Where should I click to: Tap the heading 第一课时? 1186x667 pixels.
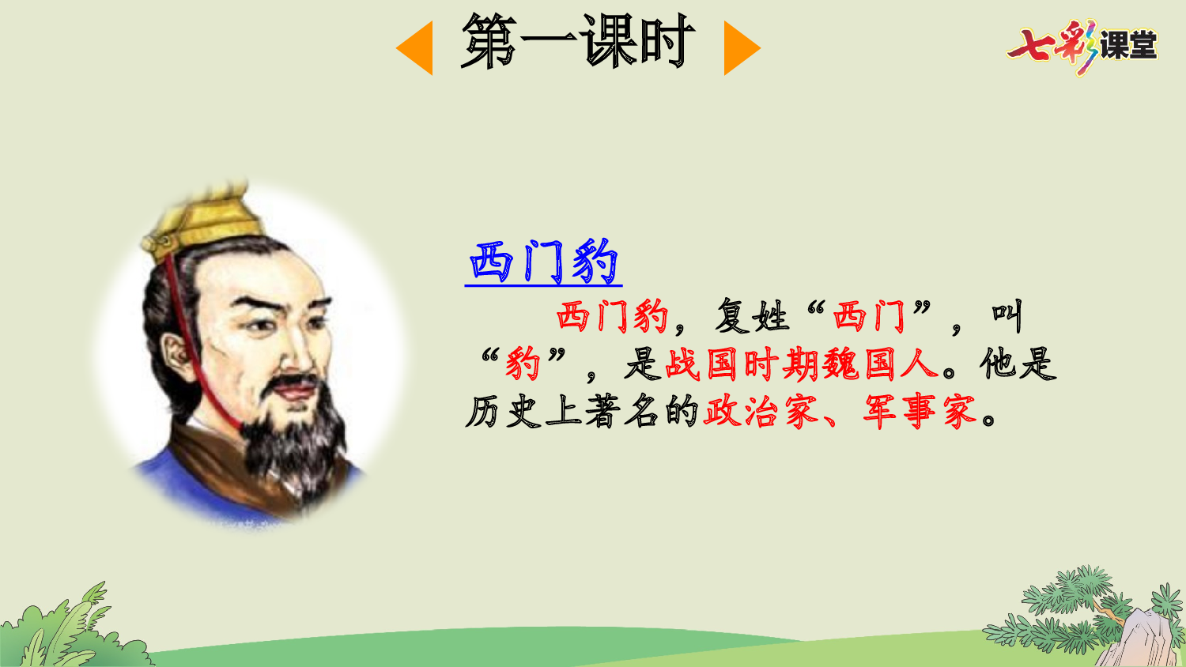click(578, 42)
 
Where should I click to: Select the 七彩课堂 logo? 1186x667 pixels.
click(1082, 45)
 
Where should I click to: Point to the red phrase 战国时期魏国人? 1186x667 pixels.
click(802, 364)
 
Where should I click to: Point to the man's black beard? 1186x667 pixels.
click(293, 443)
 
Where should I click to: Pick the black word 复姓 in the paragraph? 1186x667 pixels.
click(751, 317)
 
